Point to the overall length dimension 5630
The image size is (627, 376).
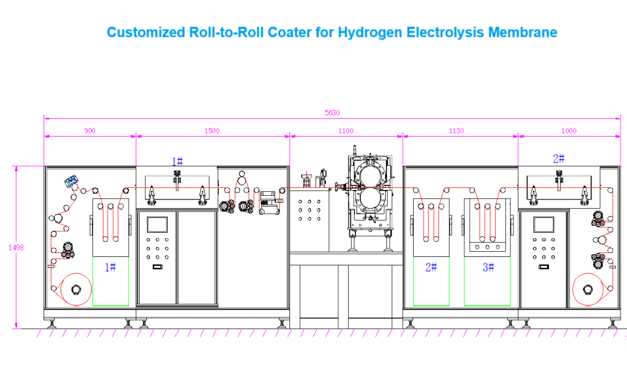click(x=332, y=113)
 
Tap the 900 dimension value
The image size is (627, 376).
click(x=90, y=131)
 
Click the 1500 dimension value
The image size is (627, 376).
click(x=212, y=131)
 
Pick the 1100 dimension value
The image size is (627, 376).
click(x=346, y=131)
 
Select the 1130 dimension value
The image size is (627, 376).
click(x=457, y=131)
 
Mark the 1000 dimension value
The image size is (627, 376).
click(x=568, y=131)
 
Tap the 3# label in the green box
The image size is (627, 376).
click(x=488, y=267)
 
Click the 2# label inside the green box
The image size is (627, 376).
click(x=431, y=267)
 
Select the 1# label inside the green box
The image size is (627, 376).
click(x=110, y=267)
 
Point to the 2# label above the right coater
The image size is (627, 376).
click(x=558, y=159)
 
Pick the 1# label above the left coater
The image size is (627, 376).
click(x=177, y=161)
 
